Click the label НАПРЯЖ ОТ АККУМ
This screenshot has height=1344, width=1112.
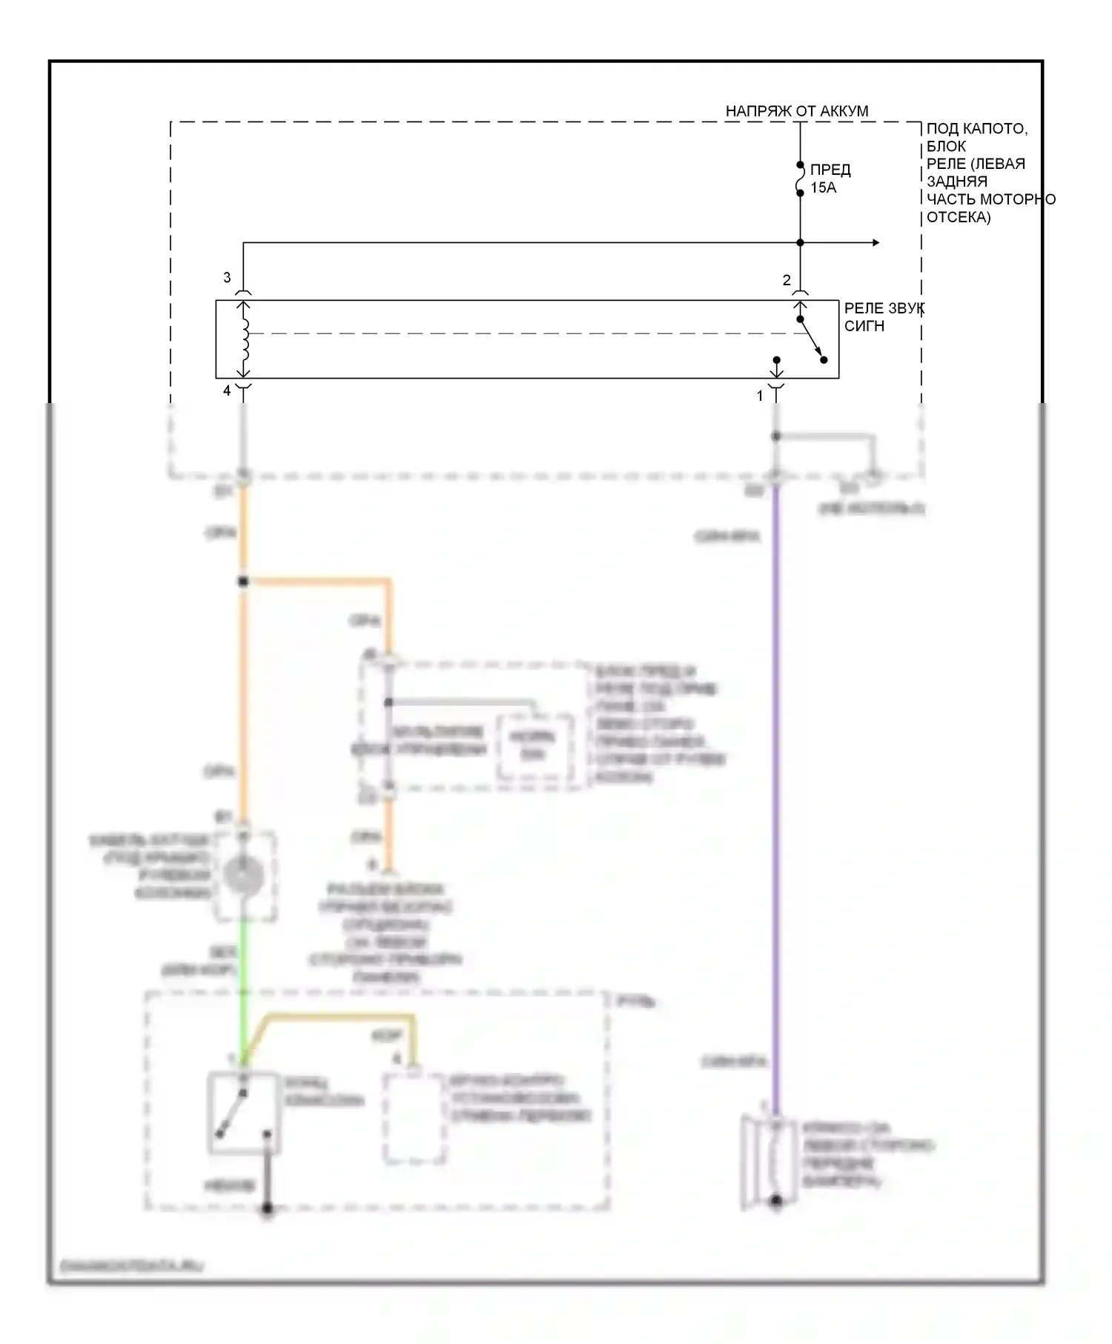796,111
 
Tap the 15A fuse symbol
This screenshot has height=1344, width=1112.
800,179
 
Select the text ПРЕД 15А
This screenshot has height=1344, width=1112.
830,179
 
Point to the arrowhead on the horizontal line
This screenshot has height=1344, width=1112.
876,242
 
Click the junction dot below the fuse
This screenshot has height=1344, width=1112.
800,242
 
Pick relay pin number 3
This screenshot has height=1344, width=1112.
227,278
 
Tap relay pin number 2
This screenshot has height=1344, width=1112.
787,280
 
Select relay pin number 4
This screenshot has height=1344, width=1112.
227,390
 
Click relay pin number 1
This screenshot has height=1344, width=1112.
759,396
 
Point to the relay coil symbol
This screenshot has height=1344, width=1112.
244,339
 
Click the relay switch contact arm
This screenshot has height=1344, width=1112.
812,339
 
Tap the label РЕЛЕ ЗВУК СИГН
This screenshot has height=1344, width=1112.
882,317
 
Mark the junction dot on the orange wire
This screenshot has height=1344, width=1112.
243,582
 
